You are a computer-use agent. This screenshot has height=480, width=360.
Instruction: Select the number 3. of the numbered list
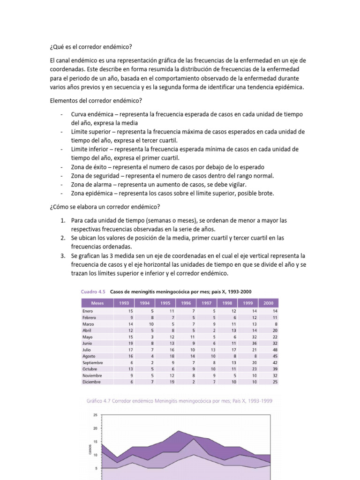point(62,256)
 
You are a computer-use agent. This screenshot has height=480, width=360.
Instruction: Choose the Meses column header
point(97,303)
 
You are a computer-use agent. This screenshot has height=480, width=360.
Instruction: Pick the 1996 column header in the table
point(186,303)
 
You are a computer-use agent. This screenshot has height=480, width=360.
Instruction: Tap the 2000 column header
point(268,303)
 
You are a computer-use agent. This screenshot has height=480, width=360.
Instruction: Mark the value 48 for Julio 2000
point(275,349)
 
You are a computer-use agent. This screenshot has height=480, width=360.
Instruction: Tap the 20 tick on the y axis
point(95,428)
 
